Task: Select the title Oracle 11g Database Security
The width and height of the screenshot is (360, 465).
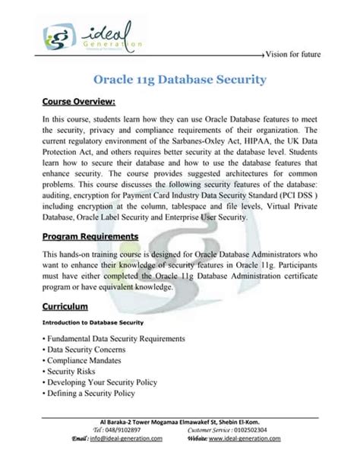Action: click(x=179, y=78)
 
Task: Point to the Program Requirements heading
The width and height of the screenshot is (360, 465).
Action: click(x=90, y=236)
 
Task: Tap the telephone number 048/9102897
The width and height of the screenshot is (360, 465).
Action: click(x=115, y=430)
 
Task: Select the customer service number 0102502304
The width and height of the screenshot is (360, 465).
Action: click(x=260, y=430)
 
